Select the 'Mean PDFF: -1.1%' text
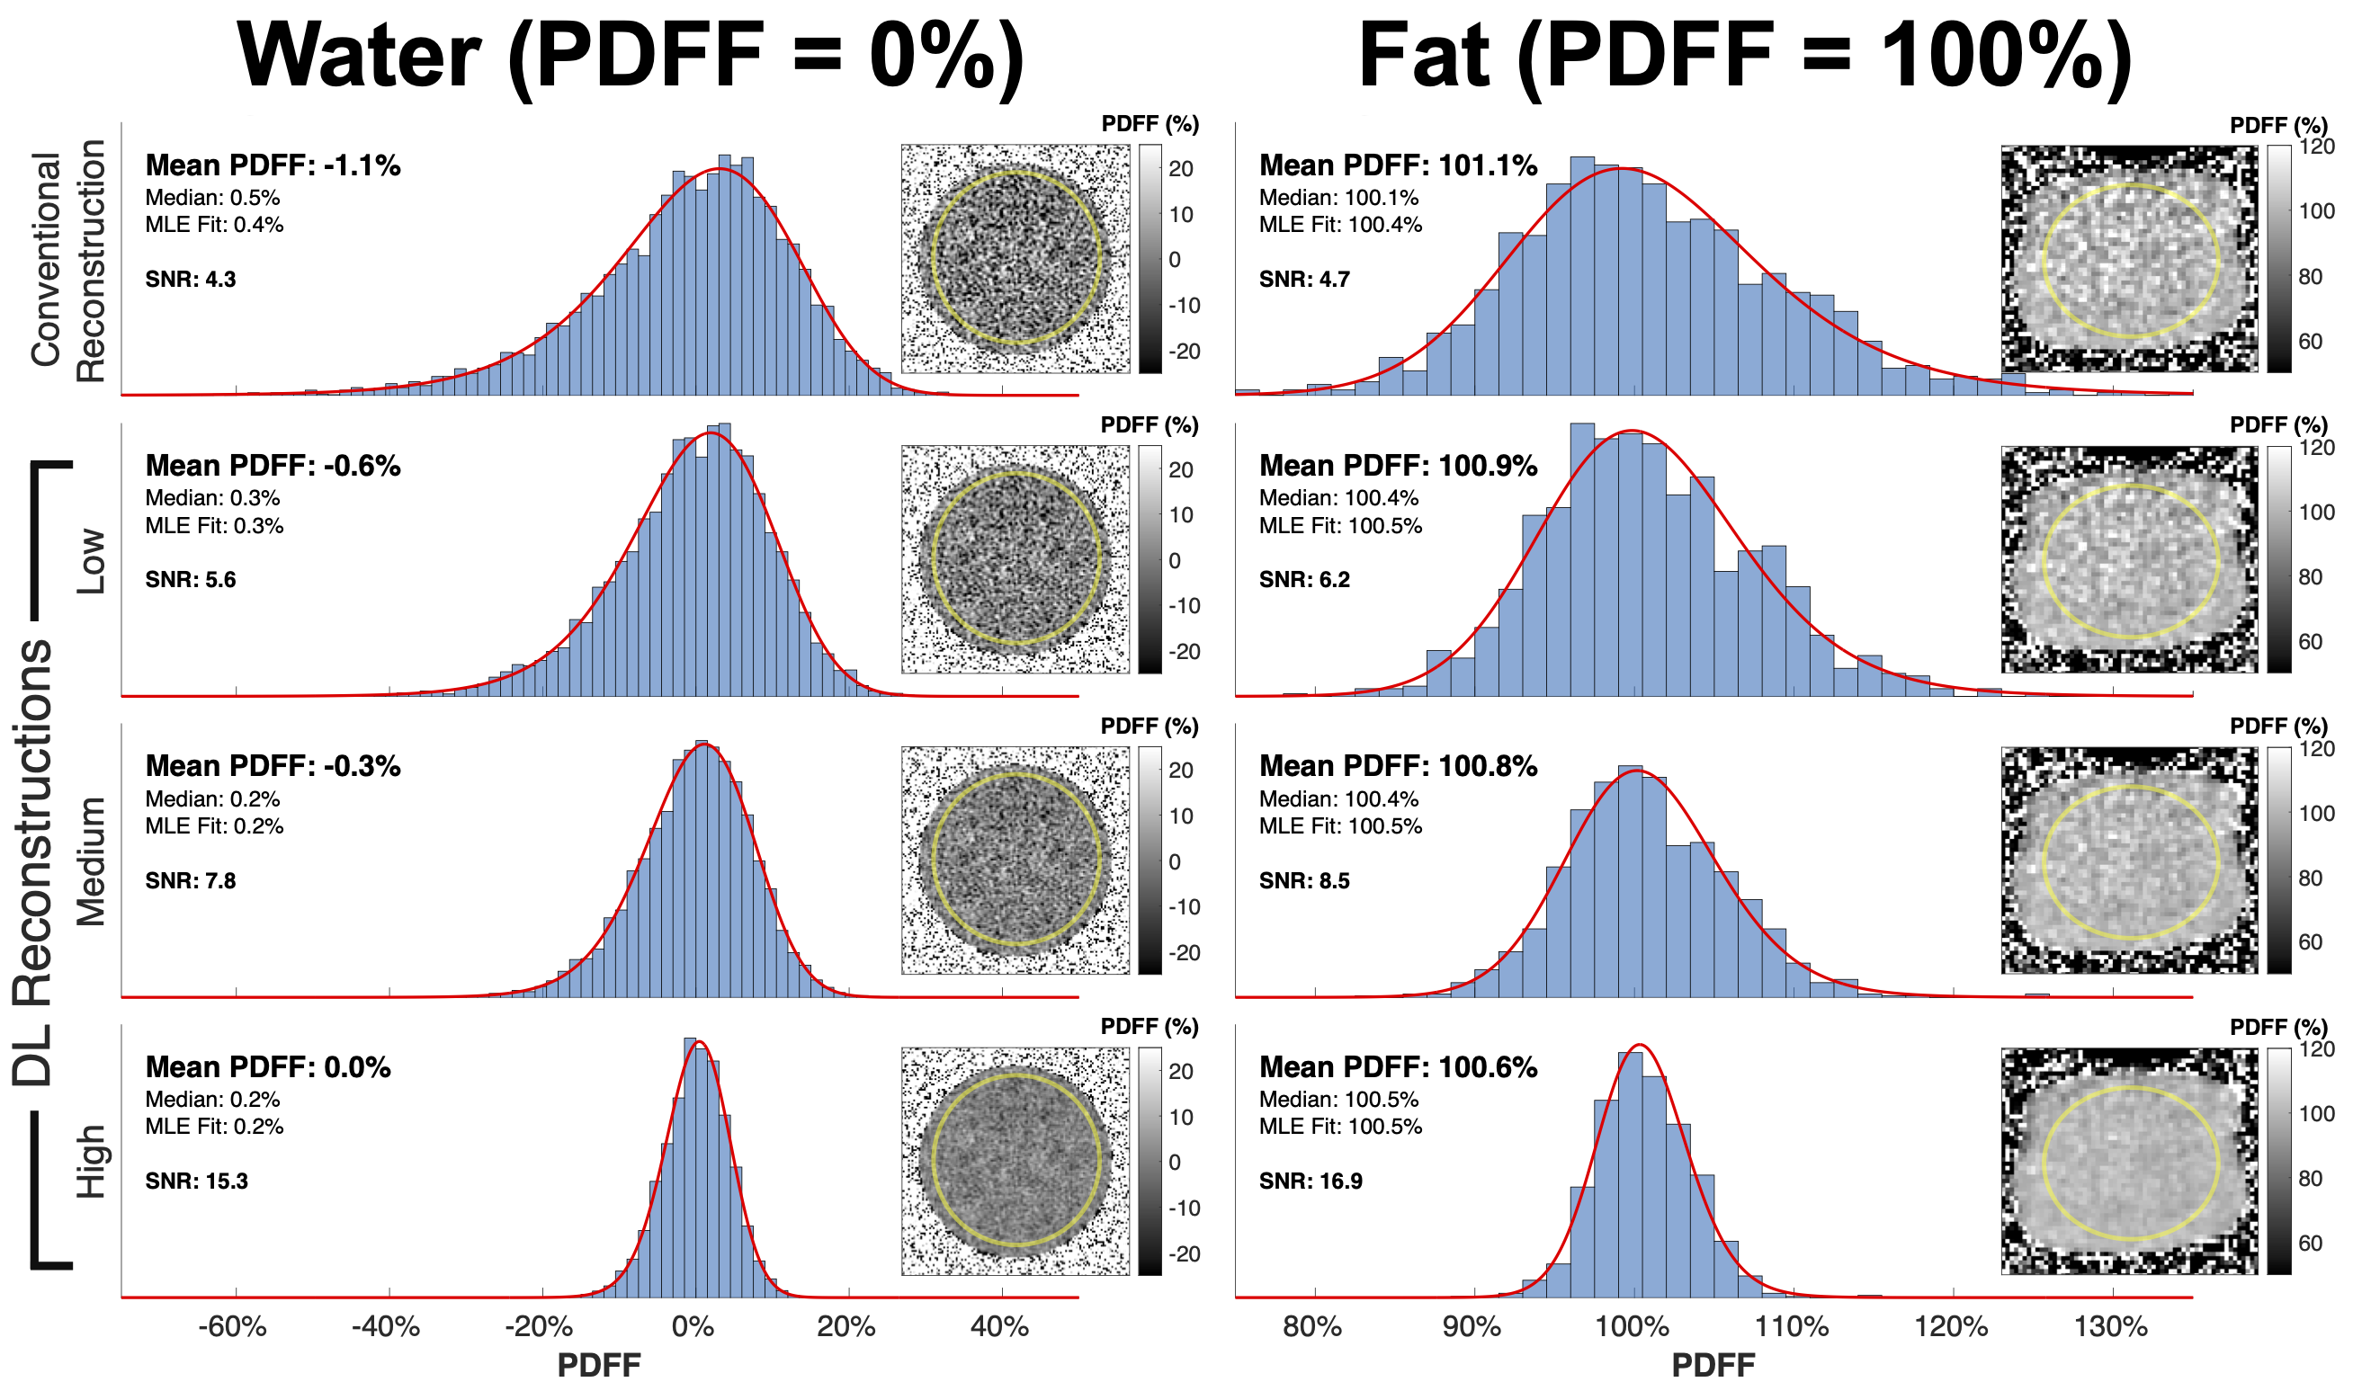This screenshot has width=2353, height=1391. coord(273,166)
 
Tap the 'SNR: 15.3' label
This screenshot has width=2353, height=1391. coord(197,1181)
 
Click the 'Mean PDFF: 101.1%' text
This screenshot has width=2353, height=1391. coord(1398,166)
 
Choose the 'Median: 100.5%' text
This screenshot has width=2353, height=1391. coord(1338,1100)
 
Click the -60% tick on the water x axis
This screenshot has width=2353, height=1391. coord(234,1326)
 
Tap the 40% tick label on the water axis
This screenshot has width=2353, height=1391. coord(1000,1326)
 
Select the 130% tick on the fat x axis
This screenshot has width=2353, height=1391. coord(2111,1326)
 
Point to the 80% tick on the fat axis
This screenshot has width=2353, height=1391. coord(1312,1326)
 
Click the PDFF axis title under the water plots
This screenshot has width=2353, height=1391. coord(599,1365)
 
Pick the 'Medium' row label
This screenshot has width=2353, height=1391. coord(91,861)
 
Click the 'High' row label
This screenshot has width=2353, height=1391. coord(91,1162)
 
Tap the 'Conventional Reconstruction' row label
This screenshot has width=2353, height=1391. coord(67,260)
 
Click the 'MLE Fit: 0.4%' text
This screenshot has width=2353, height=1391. coord(215,225)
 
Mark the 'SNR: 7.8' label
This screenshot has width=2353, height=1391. coord(191,881)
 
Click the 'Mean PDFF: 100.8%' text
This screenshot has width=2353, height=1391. coord(1398,767)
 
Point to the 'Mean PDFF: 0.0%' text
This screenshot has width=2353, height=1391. coord(268,1067)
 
